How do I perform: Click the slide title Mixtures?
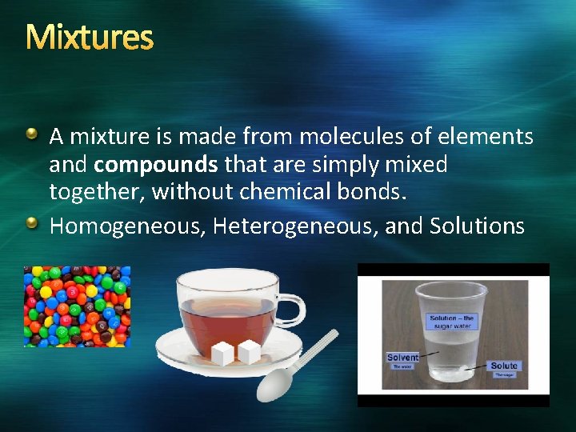[x=89, y=37]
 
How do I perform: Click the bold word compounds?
[x=156, y=166]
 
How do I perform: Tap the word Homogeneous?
[x=127, y=226]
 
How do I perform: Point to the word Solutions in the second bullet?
[x=477, y=226]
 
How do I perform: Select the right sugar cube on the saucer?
[x=249, y=350]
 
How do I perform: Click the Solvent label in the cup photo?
[x=402, y=358]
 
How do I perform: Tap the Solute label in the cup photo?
[x=504, y=366]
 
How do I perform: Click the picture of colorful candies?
[x=77, y=306]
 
